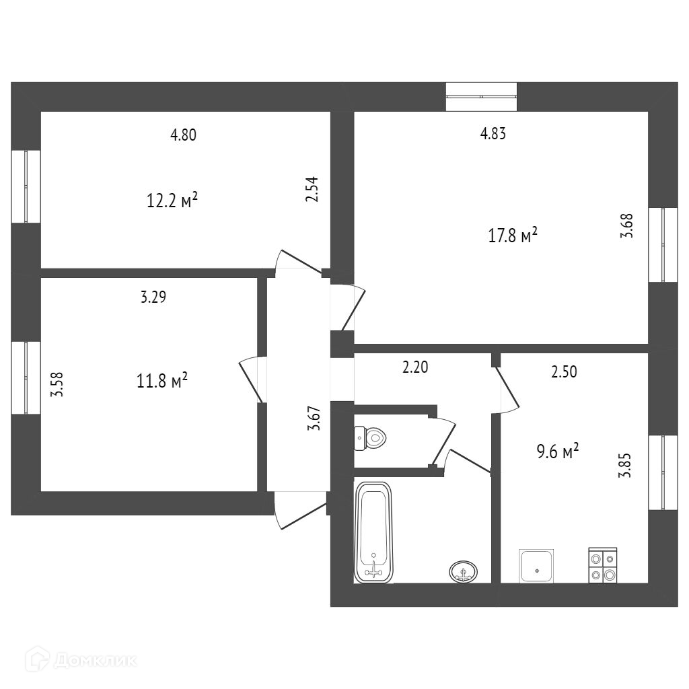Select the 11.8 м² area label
(x=161, y=382)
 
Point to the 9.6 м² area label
(x=558, y=451)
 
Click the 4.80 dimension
(x=183, y=135)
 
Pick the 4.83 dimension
(x=493, y=133)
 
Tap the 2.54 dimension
(x=312, y=190)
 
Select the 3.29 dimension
(x=153, y=297)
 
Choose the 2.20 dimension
(x=415, y=367)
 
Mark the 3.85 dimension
(x=624, y=465)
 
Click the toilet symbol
(x=371, y=439)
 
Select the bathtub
(x=373, y=532)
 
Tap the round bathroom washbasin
(x=463, y=571)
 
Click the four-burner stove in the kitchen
(x=602, y=565)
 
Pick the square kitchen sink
(x=537, y=566)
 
